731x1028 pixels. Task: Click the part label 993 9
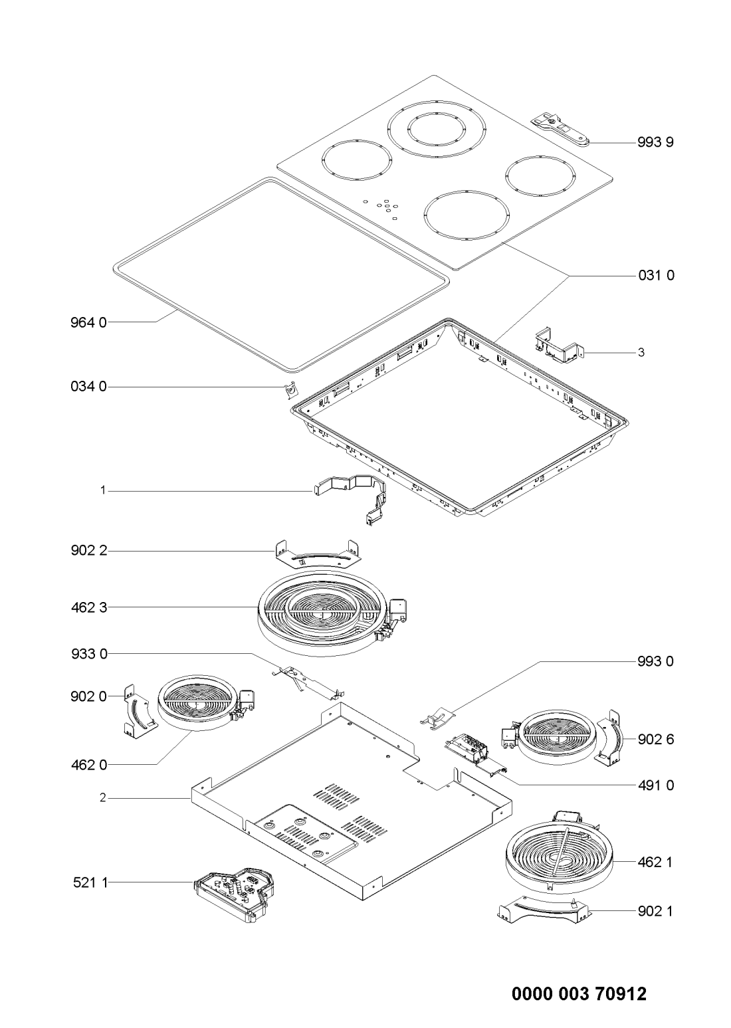point(655,143)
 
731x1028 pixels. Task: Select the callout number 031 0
point(656,276)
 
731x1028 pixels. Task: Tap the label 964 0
point(88,323)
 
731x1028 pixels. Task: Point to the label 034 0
point(88,387)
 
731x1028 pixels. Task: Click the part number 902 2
point(89,550)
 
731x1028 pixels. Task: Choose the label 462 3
point(89,607)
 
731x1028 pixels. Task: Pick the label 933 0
point(89,653)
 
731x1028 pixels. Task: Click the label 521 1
point(90,882)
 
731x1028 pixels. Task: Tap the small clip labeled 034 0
point(290,390)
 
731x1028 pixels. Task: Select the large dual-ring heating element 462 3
point(332,614)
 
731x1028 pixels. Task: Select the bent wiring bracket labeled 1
point(350,499)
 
